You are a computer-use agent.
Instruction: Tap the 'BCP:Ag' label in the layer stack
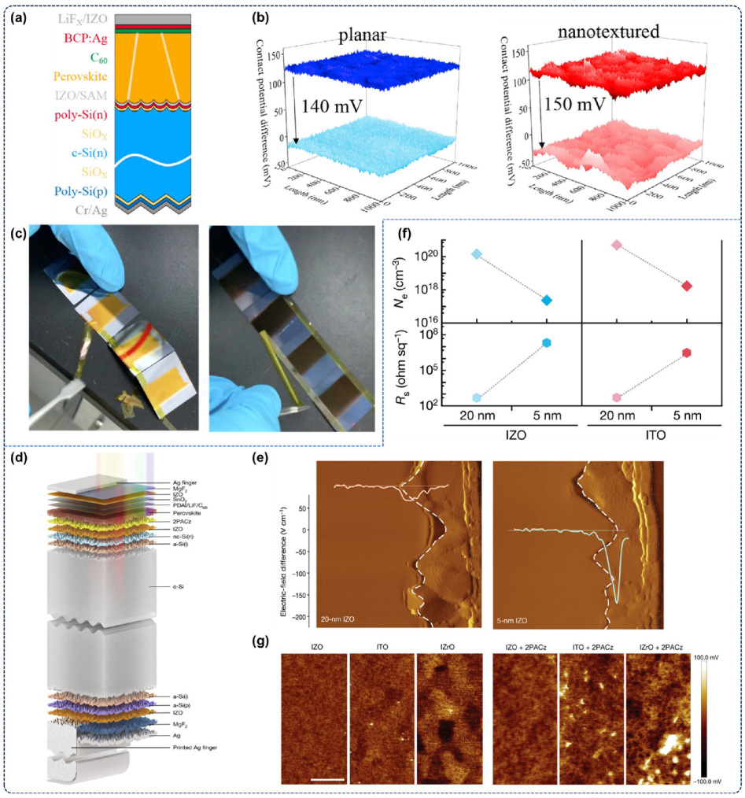coord(79,36)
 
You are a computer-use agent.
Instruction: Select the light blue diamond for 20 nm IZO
coord(475,254)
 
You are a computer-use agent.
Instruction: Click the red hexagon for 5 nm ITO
coord(687,353)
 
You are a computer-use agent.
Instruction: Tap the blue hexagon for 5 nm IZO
coord(546,342)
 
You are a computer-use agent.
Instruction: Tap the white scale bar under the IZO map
coord(327,780)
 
